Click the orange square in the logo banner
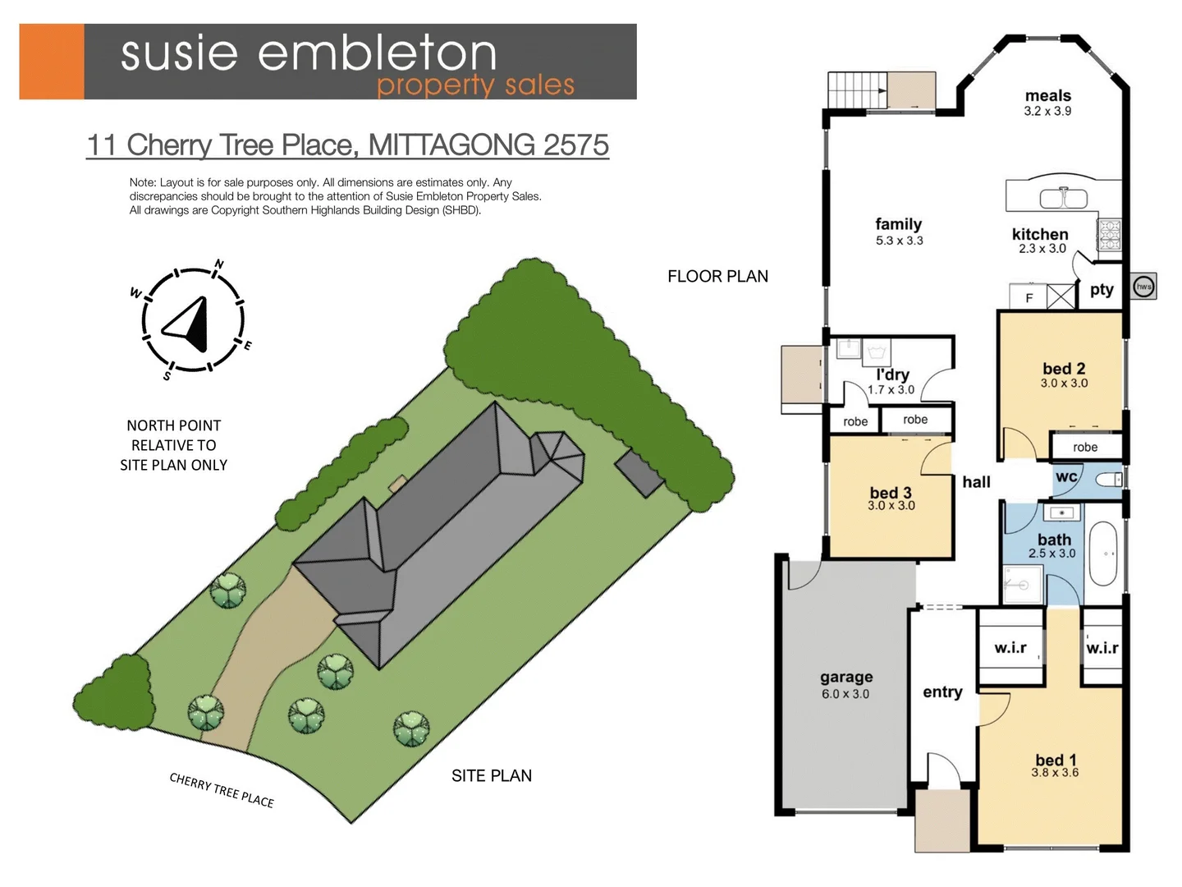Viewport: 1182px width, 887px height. coord(51,62)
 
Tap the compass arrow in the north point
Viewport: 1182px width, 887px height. coord(190,324)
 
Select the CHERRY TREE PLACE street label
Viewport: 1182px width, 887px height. coord(222,790)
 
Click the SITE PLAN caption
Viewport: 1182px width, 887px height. coord(491,775)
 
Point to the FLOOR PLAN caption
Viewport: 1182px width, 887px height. coord(717,276)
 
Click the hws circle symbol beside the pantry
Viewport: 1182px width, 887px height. coord(1143,286)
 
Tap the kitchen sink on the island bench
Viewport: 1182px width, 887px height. coord(1063,198)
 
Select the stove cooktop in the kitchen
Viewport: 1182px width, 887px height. coord(1109,234)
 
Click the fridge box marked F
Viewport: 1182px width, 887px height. coord(1029,297)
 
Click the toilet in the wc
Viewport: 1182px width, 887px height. coord(1109,480)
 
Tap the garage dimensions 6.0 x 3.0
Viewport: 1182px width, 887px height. coord(845,694)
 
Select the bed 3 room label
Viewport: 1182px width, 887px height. coord(891,492)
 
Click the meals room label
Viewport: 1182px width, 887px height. coord(1047,95)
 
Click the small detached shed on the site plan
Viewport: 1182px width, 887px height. coord(639,474)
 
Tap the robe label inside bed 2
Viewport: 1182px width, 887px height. coord(1084,447)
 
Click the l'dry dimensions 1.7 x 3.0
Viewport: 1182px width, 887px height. coord(891,390)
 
